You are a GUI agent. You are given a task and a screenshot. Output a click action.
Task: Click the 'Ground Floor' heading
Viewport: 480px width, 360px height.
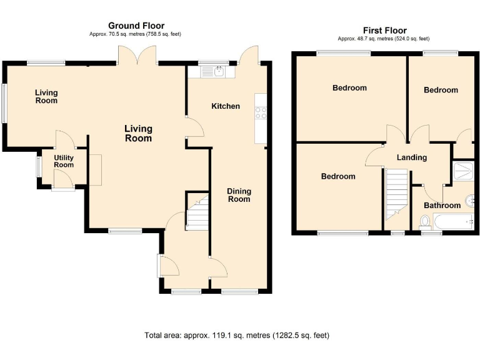pyautogui.click(x=136, y=26)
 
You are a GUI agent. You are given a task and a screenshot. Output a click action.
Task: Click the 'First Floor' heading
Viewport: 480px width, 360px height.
pyautogui.click(x=384, y=30)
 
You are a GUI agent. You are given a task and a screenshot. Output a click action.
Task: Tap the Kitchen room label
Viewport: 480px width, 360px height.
pyautogui.click(x=225, y=106)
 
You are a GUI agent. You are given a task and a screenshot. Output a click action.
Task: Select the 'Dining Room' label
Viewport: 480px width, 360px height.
pyautogui.click(x=239, y=195)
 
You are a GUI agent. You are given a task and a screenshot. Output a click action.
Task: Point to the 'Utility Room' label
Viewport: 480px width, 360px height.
pyautogui.click(x=63, y=161)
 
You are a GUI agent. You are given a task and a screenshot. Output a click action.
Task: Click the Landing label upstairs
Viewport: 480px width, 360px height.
pyautogui.click(x=412, y=157)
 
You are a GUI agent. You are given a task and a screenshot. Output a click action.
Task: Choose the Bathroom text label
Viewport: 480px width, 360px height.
pyautogui.click(x=442, y=205)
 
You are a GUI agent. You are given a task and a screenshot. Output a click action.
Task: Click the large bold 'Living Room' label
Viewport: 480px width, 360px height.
pyautogui.click(x=138, y=133)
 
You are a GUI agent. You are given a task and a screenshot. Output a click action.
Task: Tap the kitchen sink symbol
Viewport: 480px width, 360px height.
pyautogui.click(x=219, y=72)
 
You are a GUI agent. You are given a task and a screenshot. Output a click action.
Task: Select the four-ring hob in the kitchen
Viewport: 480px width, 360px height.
pyautogui.click(x=261, y=112)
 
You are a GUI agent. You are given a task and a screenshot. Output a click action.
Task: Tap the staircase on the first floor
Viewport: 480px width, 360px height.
pyautogui.click(x=396, y=194)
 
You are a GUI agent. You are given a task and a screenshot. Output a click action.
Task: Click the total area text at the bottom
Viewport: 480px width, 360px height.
pyautogui.click(x=236, y=336)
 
